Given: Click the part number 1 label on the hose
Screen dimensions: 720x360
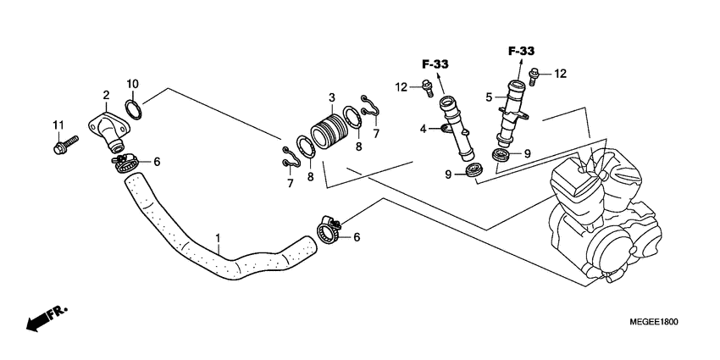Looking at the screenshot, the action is click(218, 238).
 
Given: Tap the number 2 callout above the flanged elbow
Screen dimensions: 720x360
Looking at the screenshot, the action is click(106, 96).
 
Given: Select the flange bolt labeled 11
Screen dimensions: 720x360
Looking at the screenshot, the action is click(65, 145).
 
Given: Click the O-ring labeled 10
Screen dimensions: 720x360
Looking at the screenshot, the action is click(134, 108).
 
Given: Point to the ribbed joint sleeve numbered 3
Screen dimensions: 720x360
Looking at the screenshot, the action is click(329, 130).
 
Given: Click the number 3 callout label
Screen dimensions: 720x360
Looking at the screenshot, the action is click(331, 97).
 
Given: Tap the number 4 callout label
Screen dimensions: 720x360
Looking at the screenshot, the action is click(423, 130).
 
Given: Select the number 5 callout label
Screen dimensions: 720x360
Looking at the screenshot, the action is click(489, 97).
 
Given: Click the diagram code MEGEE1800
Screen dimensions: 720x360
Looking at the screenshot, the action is click(654, 323).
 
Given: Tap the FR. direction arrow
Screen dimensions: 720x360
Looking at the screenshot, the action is click(47, 318).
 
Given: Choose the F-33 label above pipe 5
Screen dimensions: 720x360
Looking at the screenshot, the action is click(521, 51).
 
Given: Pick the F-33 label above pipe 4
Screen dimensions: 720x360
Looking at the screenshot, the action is click(435, 64).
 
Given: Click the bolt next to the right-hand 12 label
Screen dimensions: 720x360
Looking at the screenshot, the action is click(534, 77).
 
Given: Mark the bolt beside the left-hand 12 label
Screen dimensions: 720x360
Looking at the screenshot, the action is click(427, 88).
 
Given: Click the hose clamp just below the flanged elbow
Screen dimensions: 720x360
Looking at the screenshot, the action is click(125, 163).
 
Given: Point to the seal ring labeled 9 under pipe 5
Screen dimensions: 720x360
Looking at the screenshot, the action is click(501, 155).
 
